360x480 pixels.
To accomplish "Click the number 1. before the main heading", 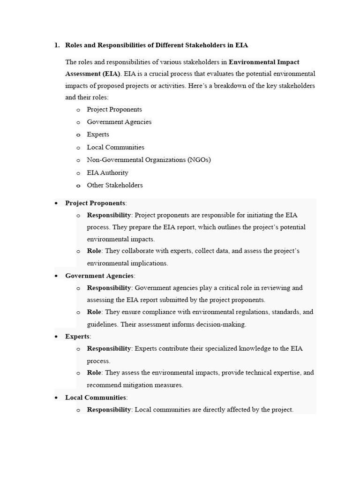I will tap(57, 45).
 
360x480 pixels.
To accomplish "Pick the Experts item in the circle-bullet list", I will tap(98, 135).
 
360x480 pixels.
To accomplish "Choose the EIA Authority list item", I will tap(107, 172).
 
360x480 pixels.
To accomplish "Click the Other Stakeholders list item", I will tap(115, 185).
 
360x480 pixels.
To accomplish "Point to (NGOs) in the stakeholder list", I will tap(199, 160).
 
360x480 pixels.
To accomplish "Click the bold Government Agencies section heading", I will tap(99, 276).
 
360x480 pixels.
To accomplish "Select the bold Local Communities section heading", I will tap(96, 397).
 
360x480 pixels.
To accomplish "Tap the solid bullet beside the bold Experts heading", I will tap(56, 337).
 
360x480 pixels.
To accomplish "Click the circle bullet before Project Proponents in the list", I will tap(78, 110).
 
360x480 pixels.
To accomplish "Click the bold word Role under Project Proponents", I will tap(94, 251).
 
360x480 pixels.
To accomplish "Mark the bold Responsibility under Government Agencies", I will tap(109, 288).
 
